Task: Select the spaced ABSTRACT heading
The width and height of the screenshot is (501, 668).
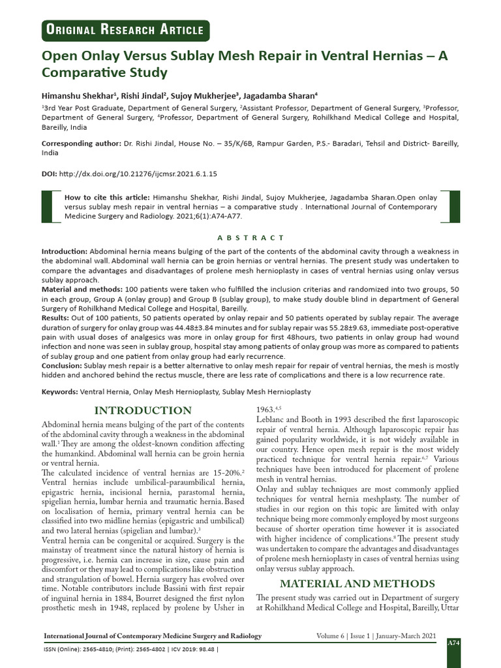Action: [250, 238]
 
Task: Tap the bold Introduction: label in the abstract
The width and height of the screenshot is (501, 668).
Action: [65, 251]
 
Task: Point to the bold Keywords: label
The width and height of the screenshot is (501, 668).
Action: [59, 391]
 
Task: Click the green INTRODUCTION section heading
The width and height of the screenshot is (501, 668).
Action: [144, 410]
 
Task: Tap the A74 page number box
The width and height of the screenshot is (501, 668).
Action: [452, 643]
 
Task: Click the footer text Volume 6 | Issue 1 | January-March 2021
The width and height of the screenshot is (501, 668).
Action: [370, 636]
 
